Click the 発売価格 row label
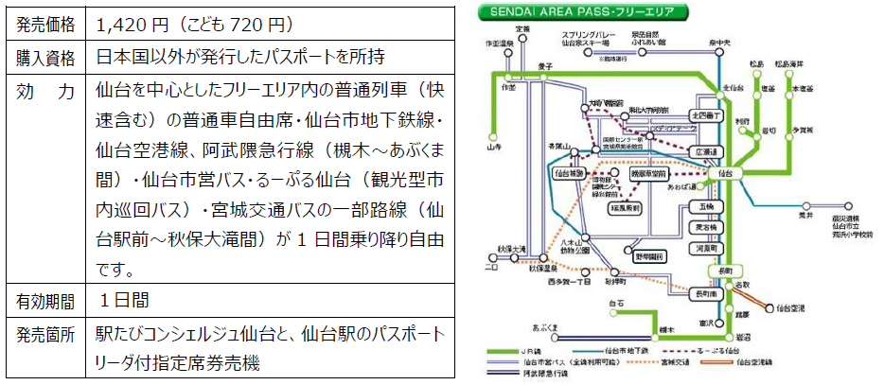(45, 22)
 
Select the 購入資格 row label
(45, 57)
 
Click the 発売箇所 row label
(45, 335)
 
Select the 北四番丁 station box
(707, 115)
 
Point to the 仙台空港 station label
(791, 308)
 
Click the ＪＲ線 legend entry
(537, 350)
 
